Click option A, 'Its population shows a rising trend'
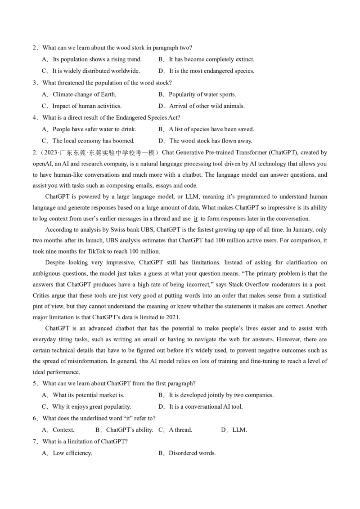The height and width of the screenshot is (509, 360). point(97,59)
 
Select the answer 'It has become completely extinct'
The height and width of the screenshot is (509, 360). point(211,59)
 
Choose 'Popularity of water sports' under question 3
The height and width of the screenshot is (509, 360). point(202,94)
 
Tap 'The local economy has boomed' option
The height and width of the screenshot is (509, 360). point(93,141)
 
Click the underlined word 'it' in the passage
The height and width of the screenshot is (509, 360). point(195,219)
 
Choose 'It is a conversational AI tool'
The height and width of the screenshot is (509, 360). point(206,407)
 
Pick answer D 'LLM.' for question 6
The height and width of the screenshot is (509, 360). point(239,430)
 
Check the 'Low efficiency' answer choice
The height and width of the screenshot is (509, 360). point(72,453)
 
